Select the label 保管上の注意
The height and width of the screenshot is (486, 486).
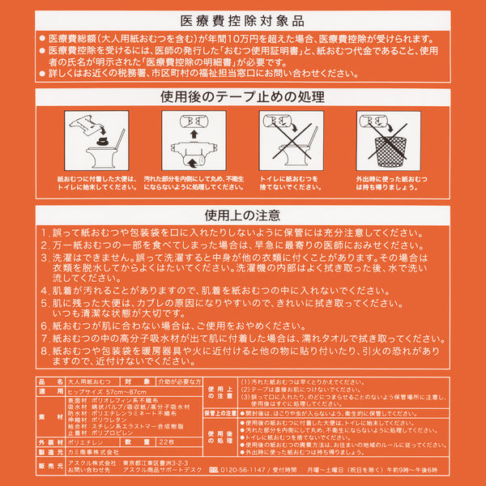220,412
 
